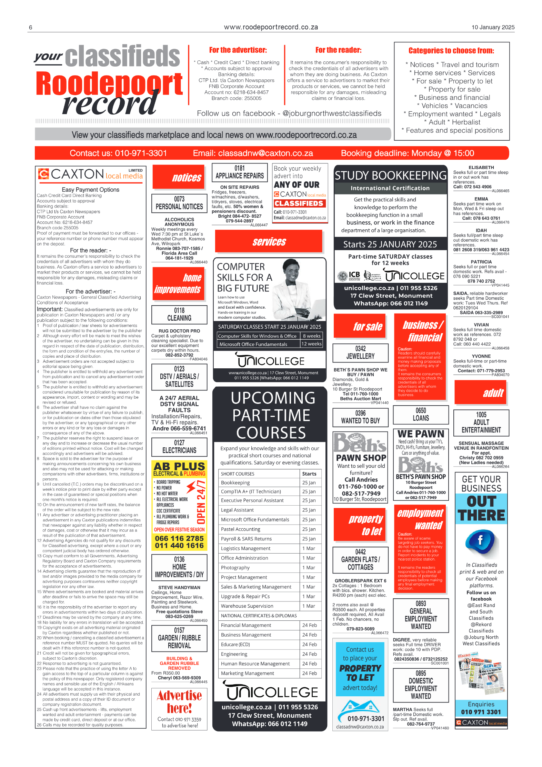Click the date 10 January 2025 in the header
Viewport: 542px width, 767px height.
click(493, 27)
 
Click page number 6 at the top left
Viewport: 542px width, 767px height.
click(31, 28)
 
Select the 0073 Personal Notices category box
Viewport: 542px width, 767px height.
click(179, 203)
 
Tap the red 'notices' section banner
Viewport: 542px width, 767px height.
click(179, 177)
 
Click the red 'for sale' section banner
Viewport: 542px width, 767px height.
click(361, 326)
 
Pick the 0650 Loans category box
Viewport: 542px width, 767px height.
click(421, 415)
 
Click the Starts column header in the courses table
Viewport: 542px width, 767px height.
click(309, 474)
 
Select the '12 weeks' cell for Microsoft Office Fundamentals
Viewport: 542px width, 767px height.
click(311, 344)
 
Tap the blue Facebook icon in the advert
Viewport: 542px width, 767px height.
click(480, 540)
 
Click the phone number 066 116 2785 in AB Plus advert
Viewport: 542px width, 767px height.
click(179, 538)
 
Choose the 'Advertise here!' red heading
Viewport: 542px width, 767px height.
click(179, 701)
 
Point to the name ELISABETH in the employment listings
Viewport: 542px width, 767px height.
click(481, 168)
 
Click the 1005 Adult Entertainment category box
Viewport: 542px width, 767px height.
click(481, 422)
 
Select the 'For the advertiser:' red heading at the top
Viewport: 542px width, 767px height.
click(238, 50)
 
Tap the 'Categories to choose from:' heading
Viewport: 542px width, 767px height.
click(451, 51)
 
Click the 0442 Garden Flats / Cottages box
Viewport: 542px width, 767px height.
click(360, 560)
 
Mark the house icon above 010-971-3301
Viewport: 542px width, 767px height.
click(360, 705)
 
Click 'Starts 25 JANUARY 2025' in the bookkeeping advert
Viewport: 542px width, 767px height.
click(390, 245)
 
